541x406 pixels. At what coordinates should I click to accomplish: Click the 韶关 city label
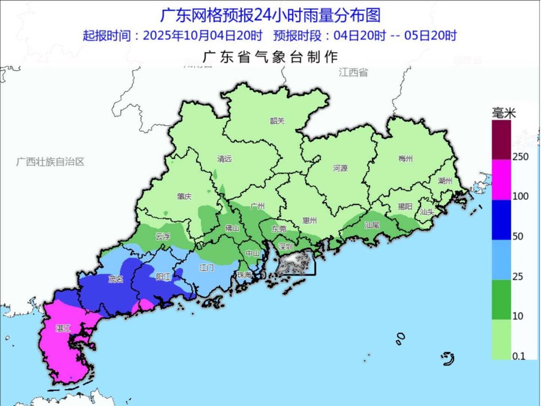point(277,121)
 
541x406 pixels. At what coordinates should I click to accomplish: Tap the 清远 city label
point(224,159)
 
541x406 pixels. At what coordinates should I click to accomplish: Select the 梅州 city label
point(405,159)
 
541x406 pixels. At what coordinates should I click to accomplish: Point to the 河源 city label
point(340,168)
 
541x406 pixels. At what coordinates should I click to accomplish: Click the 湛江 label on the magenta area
point(63,328)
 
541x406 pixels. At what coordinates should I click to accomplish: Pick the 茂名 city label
point(115,279)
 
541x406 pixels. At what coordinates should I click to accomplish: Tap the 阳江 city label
point(163,277)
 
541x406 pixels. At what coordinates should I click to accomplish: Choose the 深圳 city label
point(286,247)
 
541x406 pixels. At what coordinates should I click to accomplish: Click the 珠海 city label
point(244,275)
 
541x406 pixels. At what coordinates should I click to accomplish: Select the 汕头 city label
point(427,212)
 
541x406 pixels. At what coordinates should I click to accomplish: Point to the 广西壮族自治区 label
point(50,162)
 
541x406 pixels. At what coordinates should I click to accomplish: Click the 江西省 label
point(353,72)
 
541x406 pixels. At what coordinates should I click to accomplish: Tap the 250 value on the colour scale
point(520,157)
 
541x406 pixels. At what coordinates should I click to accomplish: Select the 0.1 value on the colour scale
point(519,356)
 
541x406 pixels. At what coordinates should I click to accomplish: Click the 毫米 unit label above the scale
point(504,113)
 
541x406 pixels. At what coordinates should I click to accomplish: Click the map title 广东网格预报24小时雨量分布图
point(270,15)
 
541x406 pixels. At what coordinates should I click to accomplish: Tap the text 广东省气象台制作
point(270,57)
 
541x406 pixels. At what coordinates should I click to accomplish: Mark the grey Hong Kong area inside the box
point(296,263)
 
